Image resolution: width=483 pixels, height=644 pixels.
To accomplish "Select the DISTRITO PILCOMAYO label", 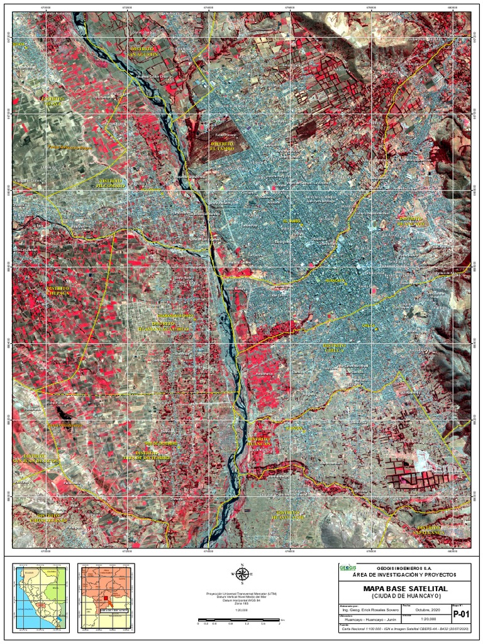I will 110,183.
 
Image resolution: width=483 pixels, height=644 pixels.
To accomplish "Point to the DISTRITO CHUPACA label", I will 58,291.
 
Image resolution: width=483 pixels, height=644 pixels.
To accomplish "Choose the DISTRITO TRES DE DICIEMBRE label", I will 140,455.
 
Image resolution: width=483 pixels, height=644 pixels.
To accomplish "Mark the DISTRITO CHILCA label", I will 335,348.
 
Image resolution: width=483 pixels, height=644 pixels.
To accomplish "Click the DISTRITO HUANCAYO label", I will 412,221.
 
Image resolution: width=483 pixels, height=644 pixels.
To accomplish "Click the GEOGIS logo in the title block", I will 347,568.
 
